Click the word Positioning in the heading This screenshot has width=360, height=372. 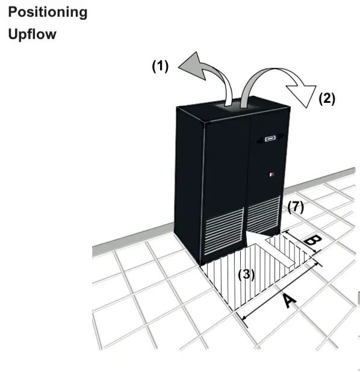(x=48, y=13)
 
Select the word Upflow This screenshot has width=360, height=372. (x=33, y=34)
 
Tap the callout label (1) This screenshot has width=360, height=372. (x=160, y=66)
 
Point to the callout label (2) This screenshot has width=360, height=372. (x=327, y=99)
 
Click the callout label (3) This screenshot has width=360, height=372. (x=246, y=274)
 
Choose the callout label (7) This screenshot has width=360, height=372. (x=296, y=207)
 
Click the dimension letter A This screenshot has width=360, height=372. (x=290, y=301)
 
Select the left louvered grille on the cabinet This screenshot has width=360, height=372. (x=224, y=231)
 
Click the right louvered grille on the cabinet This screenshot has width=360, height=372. (x=264, y=214)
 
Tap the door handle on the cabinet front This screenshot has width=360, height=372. (x=270, y=138)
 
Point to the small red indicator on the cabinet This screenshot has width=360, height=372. (x=272, y=175)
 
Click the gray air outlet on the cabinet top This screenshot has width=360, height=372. (x=234, y=105)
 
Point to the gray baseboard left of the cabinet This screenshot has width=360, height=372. (x=133, y=239)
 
